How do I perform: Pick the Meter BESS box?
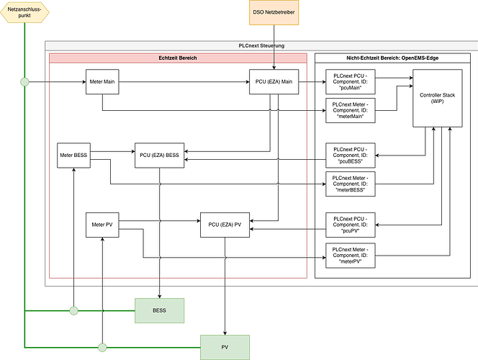pos(74,156)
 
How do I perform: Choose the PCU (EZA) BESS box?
pos(159,156)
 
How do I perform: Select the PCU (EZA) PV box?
pos(225,225)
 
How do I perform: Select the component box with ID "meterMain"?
pos(351,112)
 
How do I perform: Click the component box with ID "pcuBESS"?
pos(351,156)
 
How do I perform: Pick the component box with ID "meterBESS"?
pos(351,184)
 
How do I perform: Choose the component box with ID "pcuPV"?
pos(351,225)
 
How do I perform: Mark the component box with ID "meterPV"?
pos(351,256)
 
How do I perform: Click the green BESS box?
pos(159,310)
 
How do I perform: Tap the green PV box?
pos(225,347)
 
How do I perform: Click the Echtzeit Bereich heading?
pos(178,58)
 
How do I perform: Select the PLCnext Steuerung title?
pos(261,45)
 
